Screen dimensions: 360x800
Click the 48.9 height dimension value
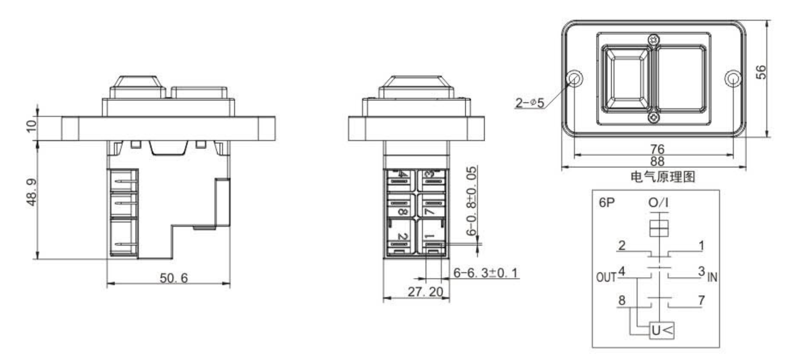(x=32, y=192)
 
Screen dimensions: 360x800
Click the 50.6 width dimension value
(x=174, y=278)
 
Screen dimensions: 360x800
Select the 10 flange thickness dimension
(x=31, y=125)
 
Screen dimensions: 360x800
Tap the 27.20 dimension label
(x=425, y=292)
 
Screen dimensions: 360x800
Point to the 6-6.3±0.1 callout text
(x=485, y=273)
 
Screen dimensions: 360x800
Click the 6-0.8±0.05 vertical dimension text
(x=472, y=201)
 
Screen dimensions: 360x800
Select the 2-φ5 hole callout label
(x=530, y=103)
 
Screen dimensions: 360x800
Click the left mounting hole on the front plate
(x=575, y=78)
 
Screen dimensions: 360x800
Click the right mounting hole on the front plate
(x=732, y=78)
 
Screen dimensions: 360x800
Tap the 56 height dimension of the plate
(x=762, y=72)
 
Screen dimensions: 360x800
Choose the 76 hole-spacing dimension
(x=657, y=149)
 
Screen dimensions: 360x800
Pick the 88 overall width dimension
(x=657, y=161)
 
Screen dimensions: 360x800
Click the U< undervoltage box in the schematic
(x=662, y=330)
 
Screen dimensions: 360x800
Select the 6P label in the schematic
(x=606, y=203)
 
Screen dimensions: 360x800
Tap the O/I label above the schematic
(x=658, y=203)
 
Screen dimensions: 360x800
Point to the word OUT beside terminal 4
(x=606, y=277)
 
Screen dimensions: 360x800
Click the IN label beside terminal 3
(x=712, y=277)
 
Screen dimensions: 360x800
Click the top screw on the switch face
(x=654, y=40)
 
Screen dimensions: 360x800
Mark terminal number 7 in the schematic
(x=701, y=300)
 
